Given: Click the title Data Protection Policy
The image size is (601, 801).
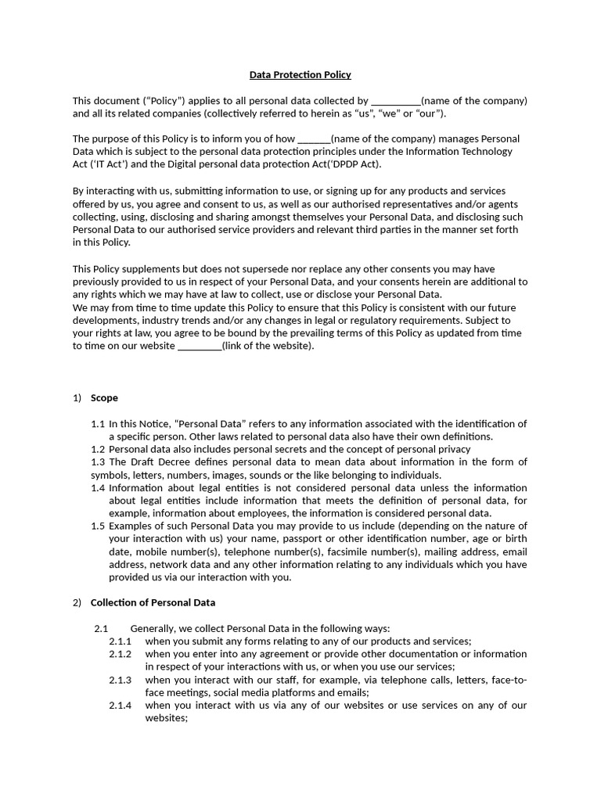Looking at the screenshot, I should [x=300, y=75].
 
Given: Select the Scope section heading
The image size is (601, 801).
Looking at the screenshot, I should [x=104, y=398].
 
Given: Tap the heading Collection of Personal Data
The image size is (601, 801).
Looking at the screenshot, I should [x=153, y=603].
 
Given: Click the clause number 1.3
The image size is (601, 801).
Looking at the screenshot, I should [x=98, y=462].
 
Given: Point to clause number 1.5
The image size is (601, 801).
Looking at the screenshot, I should [x=98, y=526].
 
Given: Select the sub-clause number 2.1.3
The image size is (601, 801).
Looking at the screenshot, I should [x=121, y=680].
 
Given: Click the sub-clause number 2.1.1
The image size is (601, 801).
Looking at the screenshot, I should [x=121, y=641].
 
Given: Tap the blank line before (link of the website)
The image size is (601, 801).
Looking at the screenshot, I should [x=200, y=346].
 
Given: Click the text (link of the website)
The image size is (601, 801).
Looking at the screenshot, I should [x=268, y=346].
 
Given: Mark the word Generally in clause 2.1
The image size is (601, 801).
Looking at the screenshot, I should [x=153, y=628].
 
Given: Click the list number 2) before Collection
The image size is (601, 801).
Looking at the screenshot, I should [x=77, y=603].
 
